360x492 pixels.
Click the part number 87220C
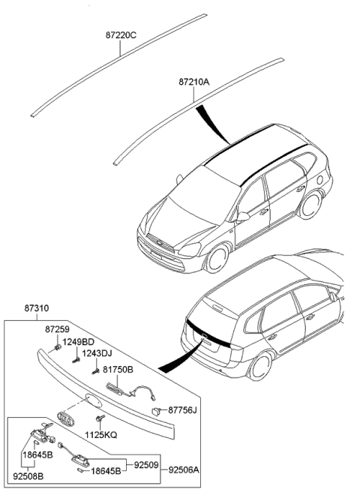coord(121,34)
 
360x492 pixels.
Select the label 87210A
coord(194,81)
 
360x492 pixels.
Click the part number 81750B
coord(118,370)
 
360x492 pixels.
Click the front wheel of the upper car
coord(216,259)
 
